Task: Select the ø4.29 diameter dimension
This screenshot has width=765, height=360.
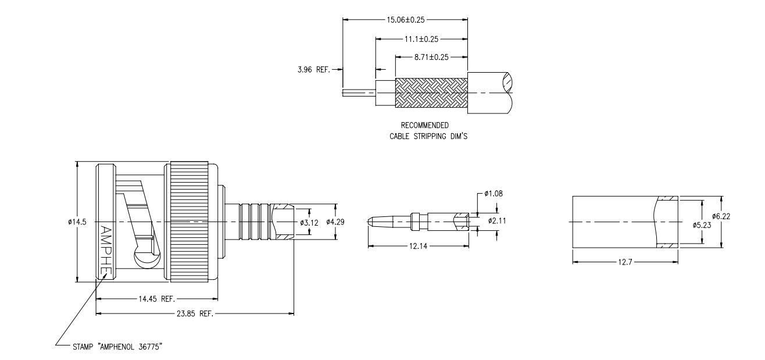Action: (x=335, y=222)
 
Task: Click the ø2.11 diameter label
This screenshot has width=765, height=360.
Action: (x=498, y=221)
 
